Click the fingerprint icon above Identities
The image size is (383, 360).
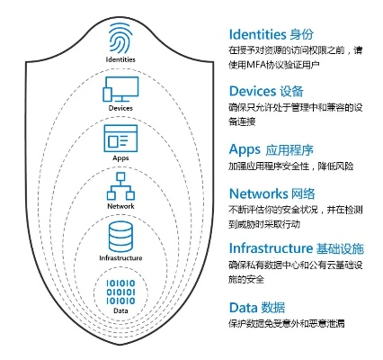pyautogui.click(x=120, y=40)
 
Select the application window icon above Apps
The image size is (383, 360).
pyautogui.click(x=120, y=139)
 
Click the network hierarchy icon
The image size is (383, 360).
pyautogui.click(x=120, y=186)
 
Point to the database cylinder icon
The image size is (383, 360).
pyautogui.click(x=120, y=237)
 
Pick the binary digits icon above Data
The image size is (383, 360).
pyautogui.click(x=120, y=292)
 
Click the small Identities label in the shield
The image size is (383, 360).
pyautogui.click(x=120, y=59)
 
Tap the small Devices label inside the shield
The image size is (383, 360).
pyautogui.click(x=120, y=108)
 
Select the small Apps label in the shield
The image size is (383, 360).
pyautogui.click(x=120, y=157)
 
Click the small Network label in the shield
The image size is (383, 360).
pyautogui.click(x=120, y=206)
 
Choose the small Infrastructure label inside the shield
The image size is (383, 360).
pyautogui.click(x=120, y=258)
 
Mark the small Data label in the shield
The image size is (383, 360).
pyautogui.click(x=120, y=310)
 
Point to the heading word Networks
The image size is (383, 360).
pyautogui.click(x=259, y=193)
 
